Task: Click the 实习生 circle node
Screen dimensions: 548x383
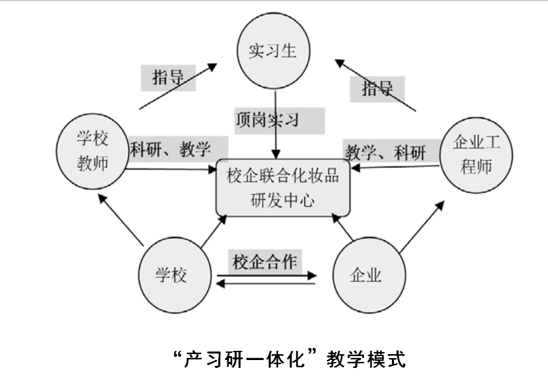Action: [x=273, y=50]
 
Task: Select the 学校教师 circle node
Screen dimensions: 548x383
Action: [x=92, y=151]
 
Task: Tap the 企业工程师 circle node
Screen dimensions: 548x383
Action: [x=476, y=155]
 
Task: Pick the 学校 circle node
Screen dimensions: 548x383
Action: [x=175, y=275]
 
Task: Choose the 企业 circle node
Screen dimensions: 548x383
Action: [x=369, y=275]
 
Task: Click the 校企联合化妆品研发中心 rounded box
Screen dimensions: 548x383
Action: [x=283, y=188]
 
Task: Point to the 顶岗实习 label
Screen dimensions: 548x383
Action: [x=267, y=119]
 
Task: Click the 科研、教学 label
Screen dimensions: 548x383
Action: [x=170, y=150]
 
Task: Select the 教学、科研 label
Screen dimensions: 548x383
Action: [x=385, y=152]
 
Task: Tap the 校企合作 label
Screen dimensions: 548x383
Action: [x=265, y=262]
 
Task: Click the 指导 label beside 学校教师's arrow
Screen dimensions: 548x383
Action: [x=168, y=77]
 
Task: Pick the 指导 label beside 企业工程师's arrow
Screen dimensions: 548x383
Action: [x=378, y=88]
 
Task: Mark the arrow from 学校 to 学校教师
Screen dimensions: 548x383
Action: [x=121, y=220]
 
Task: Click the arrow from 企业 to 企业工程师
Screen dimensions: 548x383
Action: [x=422, y=227]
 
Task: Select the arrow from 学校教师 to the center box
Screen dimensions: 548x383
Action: [x=171, y=170]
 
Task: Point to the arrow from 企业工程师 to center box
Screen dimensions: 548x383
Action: [x=395, y=167]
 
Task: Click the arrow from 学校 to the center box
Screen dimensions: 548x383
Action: [x=214, y=232]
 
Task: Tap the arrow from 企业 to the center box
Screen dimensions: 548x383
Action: [x=342, y=227]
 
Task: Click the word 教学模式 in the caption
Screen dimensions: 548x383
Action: [x=366, y=359]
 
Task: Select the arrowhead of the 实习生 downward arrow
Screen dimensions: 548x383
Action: [x=276, y=154]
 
